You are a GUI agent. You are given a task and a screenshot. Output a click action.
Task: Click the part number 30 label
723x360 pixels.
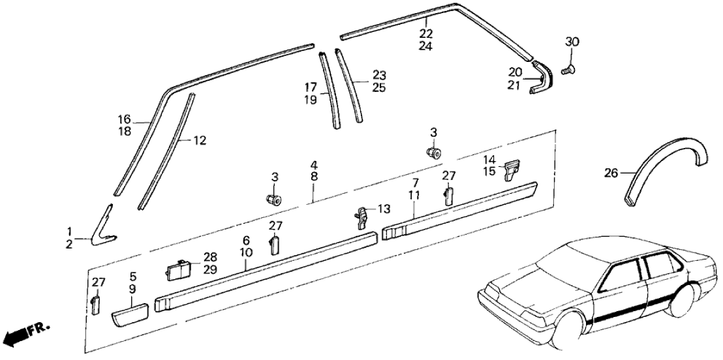point(572,42)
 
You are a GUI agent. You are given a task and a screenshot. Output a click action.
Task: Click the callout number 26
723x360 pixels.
point(611,173)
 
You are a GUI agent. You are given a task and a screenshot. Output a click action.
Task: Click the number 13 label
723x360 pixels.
point(384,209)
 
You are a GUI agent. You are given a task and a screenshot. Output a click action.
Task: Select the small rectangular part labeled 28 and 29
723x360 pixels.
point(177,269)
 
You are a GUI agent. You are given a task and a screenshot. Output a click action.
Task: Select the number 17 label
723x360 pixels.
point(311,86)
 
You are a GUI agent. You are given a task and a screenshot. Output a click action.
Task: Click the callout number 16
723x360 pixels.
point(124,119)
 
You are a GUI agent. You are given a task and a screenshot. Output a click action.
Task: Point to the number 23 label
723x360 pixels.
point(380,75)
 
